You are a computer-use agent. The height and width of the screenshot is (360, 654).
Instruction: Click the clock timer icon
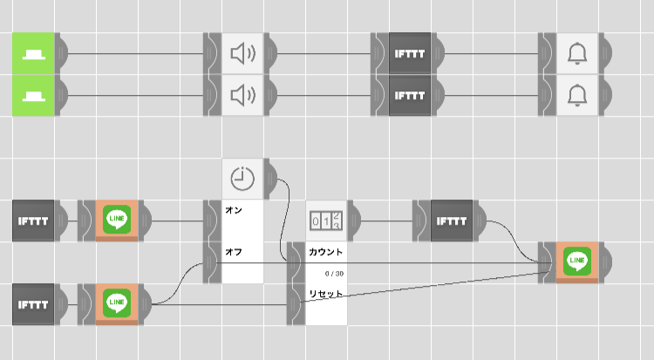pyautogui.click(x=242, y=178)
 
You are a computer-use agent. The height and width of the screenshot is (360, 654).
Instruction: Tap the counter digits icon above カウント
pyautogui.click(x=326, y=220)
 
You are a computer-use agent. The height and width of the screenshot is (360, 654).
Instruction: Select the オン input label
pyautogui.click(x=234, y=210)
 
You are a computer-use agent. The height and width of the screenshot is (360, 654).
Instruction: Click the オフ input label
pyautogui.click(x=234, y=251)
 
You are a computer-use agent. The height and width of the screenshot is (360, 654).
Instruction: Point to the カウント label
pyautogui.click(x=325, y=252)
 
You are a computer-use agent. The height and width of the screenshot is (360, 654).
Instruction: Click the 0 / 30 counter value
pyautogui.click(x=332, y=273)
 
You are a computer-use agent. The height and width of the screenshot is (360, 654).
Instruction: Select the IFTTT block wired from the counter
pyautogui.click(x=451, y=221)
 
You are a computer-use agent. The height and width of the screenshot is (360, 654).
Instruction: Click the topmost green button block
pyautogui.click(x=35, y=53)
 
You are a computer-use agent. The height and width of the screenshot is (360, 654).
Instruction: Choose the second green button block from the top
pyautogui.click(x=35, y=93)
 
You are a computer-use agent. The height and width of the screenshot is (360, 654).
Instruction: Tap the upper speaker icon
pyautogui.click(x=242, y=54)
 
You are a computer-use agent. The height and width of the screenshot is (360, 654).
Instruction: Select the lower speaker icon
pyautogui.click(x=242, y=94)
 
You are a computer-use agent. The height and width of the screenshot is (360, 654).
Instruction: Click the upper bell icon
pyautogui.click(x=576, y=54)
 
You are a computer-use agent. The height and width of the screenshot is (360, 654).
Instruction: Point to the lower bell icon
pyautogui.click(x=576, y=94)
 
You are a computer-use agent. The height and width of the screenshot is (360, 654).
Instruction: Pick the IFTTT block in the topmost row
pyautogui.click(x=409, y=54)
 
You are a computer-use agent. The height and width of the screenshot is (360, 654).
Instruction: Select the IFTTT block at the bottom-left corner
pyautogui.click(x=34, y=304)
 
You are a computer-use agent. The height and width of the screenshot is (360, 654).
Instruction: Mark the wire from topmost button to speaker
pyautogui.click(x=135, y=54)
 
